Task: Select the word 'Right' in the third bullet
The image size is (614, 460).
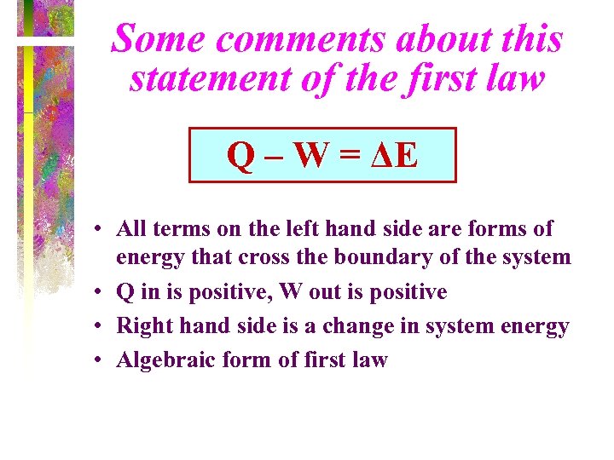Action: [139, 326]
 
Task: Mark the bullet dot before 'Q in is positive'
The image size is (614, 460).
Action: [100, 293]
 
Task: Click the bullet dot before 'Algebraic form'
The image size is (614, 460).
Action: [100, 361]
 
